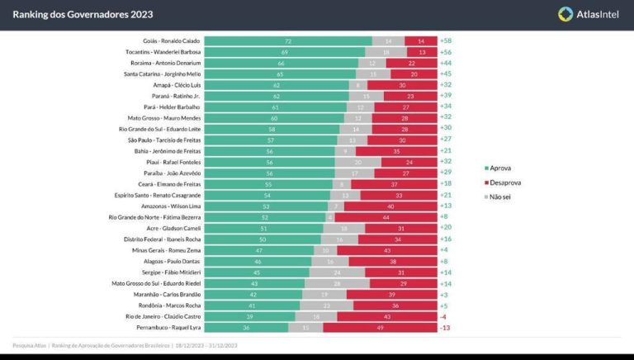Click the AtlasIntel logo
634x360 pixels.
click(589, 14)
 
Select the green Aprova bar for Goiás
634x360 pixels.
click(288, 40)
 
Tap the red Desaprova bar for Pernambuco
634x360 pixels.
click(380, 328)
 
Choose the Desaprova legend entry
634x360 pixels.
click(502, 182)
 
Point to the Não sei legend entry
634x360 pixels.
click(499, 197)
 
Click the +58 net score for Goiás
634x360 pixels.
click(447, 40)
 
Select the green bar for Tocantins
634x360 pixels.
click(285, 51)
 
